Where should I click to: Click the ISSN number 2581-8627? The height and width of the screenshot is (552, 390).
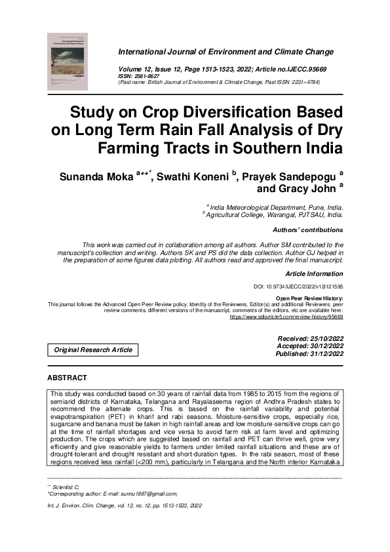pos(147,76)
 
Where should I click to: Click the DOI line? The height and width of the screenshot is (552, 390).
pos(298,286)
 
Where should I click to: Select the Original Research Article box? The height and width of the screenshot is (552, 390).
pos(92,350)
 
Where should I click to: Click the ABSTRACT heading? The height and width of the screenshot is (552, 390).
pos(67,378)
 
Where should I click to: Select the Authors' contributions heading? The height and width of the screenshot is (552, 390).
pos(307,230)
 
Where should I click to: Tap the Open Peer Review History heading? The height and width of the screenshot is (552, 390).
pos(309,298)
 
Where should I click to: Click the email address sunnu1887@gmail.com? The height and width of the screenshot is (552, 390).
pos(144,494)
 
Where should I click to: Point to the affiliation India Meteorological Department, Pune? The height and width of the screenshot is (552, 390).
pos(275,207)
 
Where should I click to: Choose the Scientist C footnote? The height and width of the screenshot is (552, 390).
pos(66,487)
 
